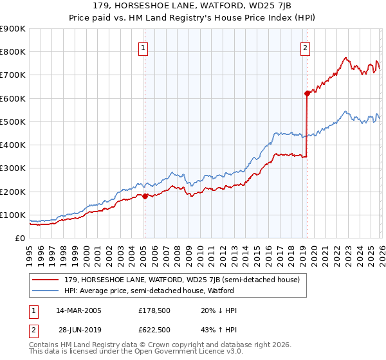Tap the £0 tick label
coord(20,239)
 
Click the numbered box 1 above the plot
coord(143,47)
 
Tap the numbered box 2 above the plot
coord(305,47)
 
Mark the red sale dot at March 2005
coord(145,197)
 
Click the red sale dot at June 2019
coord(308,93)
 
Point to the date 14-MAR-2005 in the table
coord(78,310)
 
